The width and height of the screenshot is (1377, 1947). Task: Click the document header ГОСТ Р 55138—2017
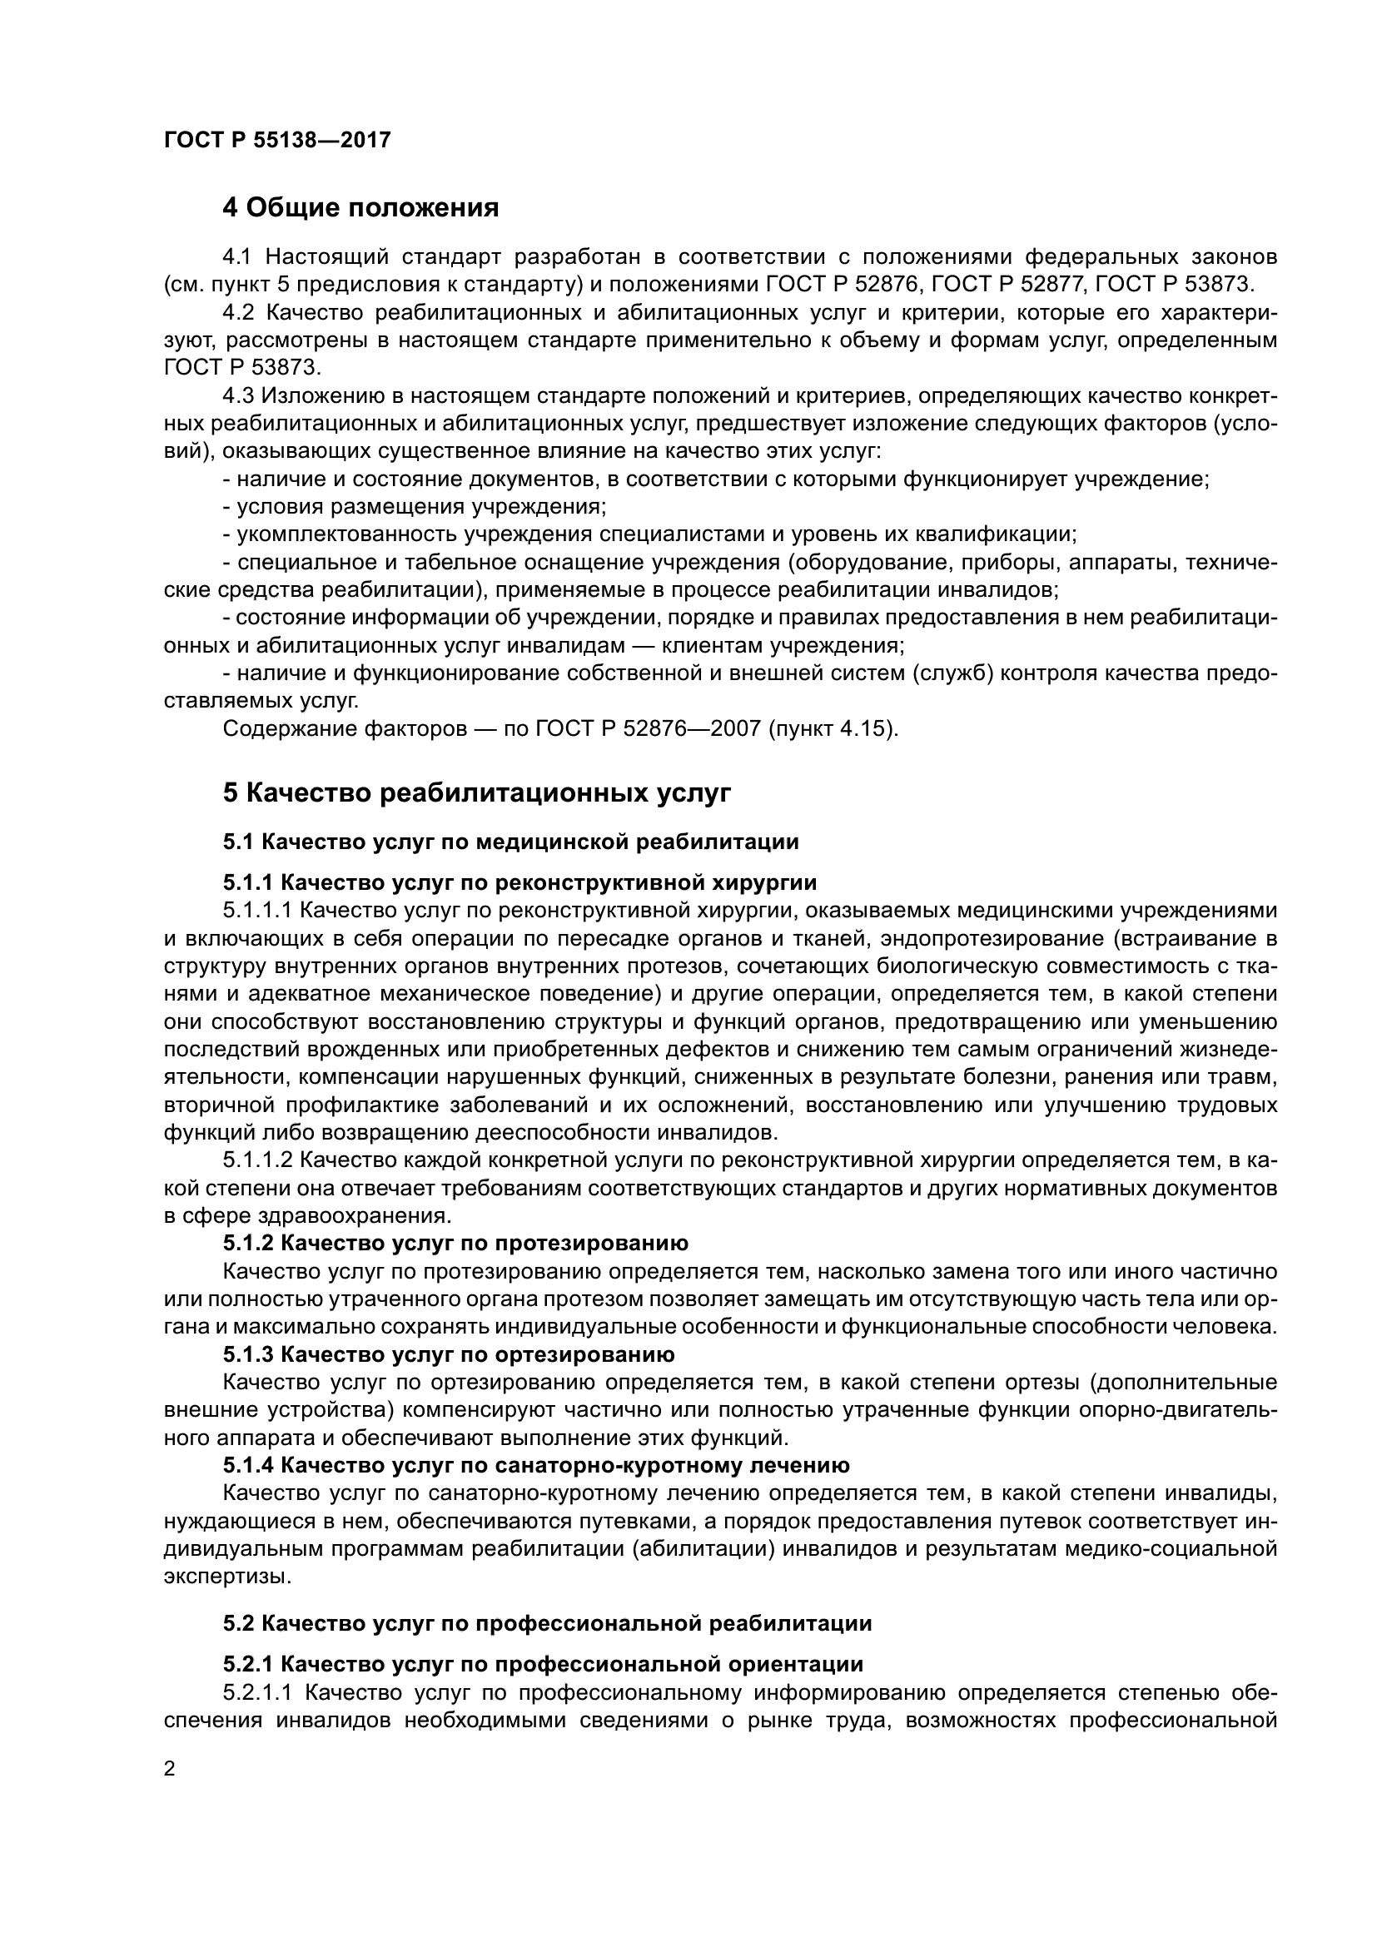tap(276, 140)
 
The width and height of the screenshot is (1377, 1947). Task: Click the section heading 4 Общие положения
tap(360, 207)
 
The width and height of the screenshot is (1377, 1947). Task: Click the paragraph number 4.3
tap(238, 396)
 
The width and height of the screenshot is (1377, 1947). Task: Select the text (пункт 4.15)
tap(832, 728)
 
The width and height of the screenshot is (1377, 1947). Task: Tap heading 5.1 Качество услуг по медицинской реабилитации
tap(510, 842)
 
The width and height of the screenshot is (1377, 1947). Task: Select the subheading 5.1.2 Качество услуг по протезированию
tap(455, 1243)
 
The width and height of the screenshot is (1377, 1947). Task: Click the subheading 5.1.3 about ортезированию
tap(449, 1354)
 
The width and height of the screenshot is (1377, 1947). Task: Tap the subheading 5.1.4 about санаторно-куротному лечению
tap(536, 1464)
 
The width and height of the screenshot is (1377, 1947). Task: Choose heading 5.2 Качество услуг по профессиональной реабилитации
tap(547, 1624)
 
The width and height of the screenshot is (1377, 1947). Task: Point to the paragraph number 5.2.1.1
tap(257, 1693)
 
